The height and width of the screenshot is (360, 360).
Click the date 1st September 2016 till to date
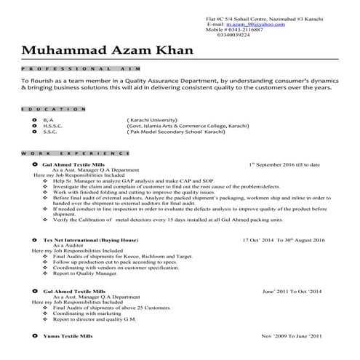tap(288, 166)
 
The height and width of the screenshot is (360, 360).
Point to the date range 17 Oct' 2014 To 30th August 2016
tap(282, 239)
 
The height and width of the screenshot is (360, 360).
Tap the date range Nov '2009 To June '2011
tap(291, 337)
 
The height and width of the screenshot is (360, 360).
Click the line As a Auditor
tap(68, 245)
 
